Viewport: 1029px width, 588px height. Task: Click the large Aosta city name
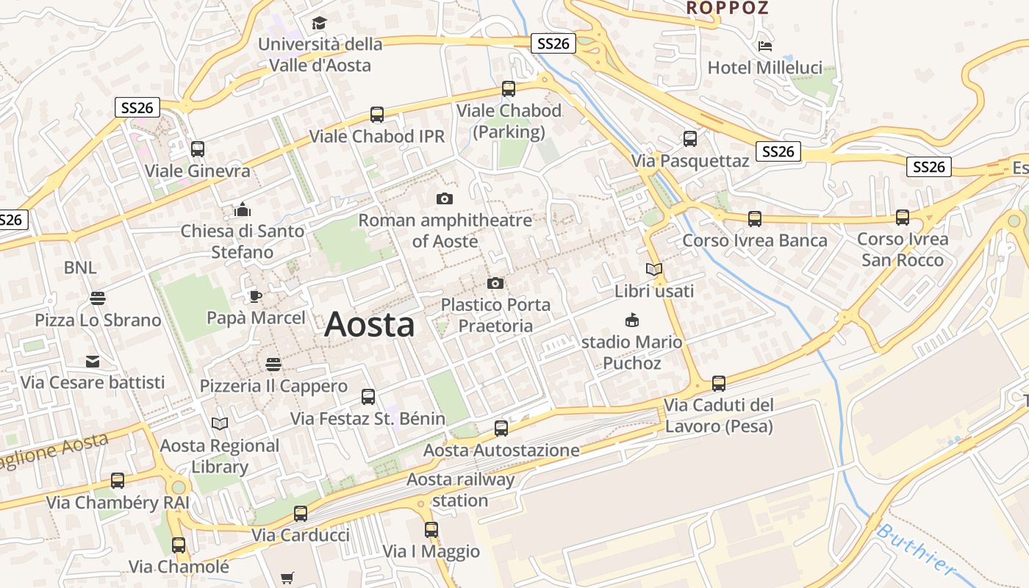tap(369, 324)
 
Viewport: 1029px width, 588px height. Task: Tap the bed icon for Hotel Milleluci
tap(765, 46)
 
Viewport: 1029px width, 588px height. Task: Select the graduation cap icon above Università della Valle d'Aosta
tap(319, 24)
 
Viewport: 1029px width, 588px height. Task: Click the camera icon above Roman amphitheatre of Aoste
tap(445, 198)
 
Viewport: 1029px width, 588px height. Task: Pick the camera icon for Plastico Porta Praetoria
tap(495, 283)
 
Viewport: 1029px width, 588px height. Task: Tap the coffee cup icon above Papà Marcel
tap(255, 296)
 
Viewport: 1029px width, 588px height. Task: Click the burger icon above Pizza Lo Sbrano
tap(98, 298)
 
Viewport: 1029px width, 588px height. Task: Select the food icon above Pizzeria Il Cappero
tap(273, 365)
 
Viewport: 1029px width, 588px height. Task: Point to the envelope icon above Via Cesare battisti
tap(93, 361)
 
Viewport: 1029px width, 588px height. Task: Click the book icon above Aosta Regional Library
tap(219, 423)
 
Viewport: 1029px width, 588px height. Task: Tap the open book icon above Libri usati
tap(654, 270)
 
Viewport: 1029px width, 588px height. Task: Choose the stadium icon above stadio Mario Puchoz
tap(631, 320)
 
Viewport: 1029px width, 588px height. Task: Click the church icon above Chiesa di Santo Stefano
tap(243, 209)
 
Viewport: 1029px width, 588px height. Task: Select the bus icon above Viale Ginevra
tap(198, 149)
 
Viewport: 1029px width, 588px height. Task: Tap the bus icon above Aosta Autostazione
tap(501, 429)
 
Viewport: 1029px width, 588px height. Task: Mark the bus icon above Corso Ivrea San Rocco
tap(903, 218)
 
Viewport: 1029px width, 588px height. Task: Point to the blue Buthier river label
tap(916, 550)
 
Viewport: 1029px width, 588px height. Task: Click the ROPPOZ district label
tap(727, 8)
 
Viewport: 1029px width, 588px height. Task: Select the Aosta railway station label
tap(461, 490)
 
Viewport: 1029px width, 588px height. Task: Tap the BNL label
tap(80, 268)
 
